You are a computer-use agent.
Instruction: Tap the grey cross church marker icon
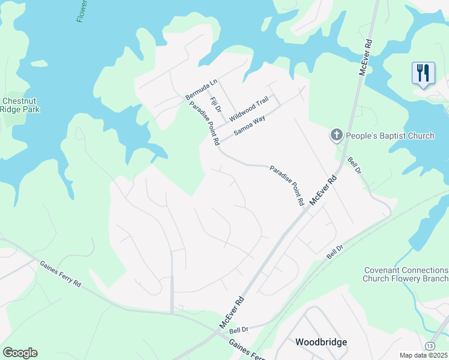coord(337,136)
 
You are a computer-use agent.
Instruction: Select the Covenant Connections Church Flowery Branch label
coord(405,274)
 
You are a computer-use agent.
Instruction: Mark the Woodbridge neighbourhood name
coord(321,342)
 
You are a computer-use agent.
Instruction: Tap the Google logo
coord(20,353)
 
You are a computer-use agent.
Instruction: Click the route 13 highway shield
coord(430,346)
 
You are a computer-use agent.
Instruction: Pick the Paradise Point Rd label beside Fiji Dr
coord(204,124)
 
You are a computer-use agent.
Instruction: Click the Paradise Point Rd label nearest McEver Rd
coord(286,186)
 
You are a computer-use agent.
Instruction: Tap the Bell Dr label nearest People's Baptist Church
coord(355,166)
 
